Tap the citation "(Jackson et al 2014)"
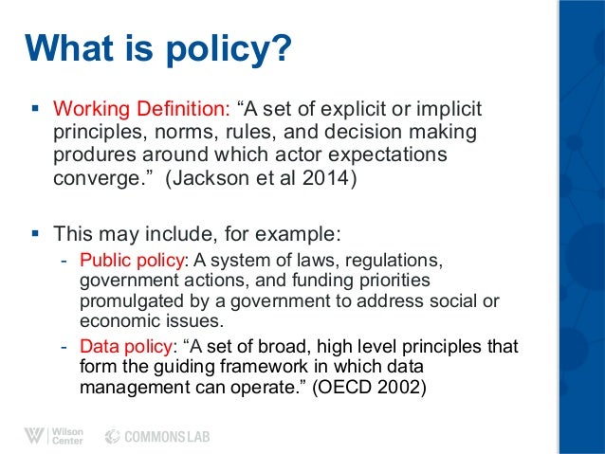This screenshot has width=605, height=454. (264, 178)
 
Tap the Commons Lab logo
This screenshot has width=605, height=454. (156, 436)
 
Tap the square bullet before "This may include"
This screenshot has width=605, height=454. (33, 231)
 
